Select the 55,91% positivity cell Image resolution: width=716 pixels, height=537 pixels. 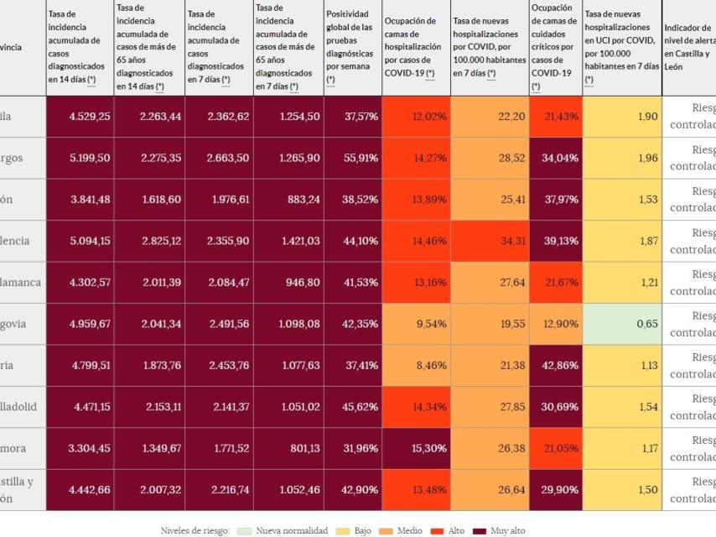point(352,158)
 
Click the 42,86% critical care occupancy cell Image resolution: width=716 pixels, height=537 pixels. point(555,365)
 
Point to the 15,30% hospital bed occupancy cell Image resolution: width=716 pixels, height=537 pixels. point(416,448)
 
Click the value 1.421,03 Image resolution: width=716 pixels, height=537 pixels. point(288,241)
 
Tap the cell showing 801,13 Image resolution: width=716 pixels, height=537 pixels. point(288,448)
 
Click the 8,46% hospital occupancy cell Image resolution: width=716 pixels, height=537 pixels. point(416,365)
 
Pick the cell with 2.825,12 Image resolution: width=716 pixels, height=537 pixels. point(149,241)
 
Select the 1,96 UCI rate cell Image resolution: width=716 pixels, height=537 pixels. point(621,158)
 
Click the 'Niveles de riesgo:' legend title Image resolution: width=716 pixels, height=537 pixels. point(195,530)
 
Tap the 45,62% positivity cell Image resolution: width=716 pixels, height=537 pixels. point(352,406)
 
